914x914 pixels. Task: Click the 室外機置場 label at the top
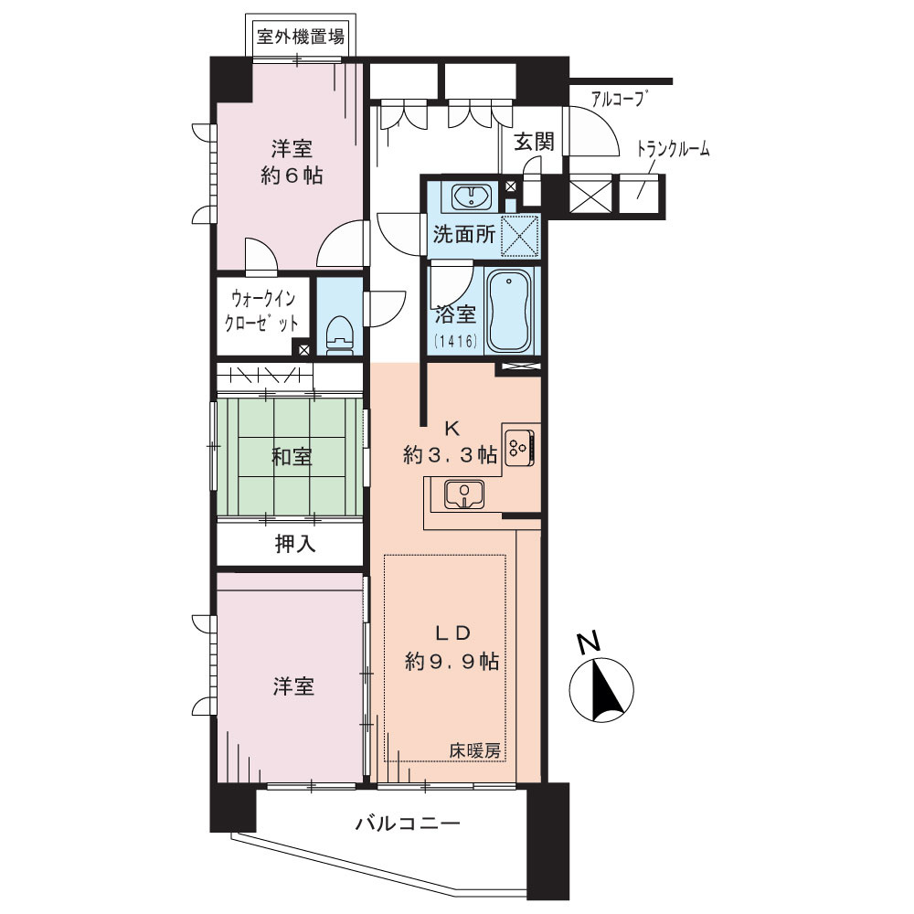pyautogui.click(x=300, y=38)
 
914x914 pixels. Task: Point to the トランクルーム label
pyautogui.click(x=673, y=150)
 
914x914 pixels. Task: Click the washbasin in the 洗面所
pyautogui.click(x=473, y=196)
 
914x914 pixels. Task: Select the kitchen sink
pyautogui.click(x=465, y=494)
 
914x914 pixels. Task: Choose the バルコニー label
pyautogui.click(x=407, y=824)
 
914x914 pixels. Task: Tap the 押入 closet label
pyautogui.click(x=295, y=546)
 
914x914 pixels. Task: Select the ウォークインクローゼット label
pyautogui.click(x=265, y=311)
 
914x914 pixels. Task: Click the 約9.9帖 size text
pyautogui.click(x=452, y=661)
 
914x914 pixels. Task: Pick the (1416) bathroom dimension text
pyautogui.click(x=454, y=343)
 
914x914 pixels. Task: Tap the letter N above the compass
pyautogui.click(x=590, y=643)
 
